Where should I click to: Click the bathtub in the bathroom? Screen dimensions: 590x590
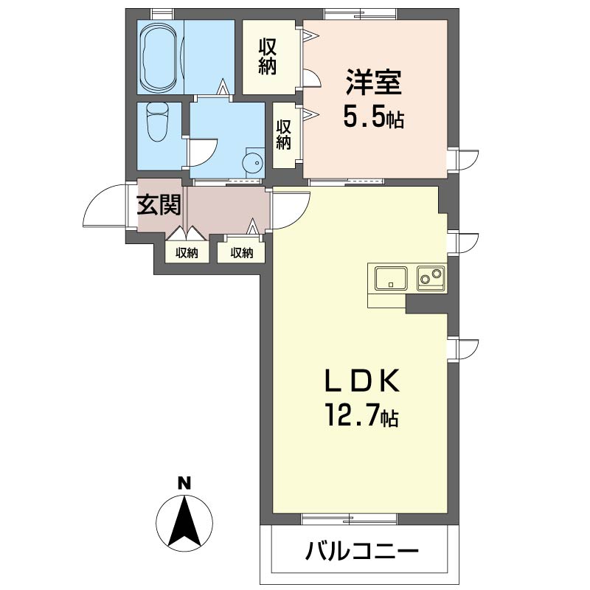click(159, 58)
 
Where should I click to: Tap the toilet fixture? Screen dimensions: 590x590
click(157, 122)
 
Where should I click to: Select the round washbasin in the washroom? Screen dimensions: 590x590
click(253, 162)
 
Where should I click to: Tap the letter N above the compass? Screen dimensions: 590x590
click(184, 484)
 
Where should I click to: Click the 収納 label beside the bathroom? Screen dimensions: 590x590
click(268, 56)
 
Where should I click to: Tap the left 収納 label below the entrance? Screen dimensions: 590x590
click(187, 253)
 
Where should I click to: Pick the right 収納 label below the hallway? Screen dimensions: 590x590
click(242, 253)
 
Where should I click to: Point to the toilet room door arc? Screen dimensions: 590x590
click(201, 152)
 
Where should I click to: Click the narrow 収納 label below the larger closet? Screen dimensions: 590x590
click(283, 134)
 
